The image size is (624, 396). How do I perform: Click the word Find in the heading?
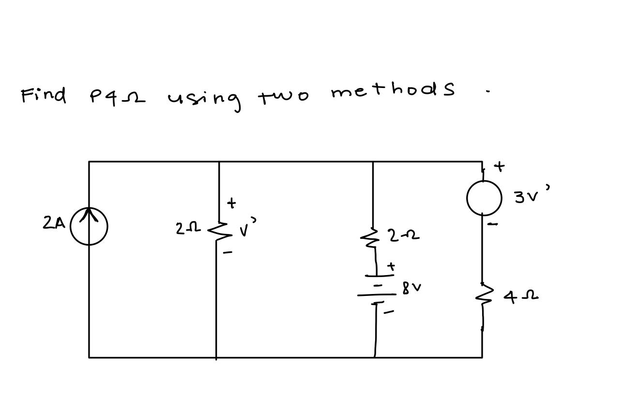pyautogui.click(x=44, y=95)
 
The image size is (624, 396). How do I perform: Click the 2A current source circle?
pyautogui.click(x=89, y=226)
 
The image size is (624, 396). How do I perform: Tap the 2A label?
pyautogui.click(x=53, y=223)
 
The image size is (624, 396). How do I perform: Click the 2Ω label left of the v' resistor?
pyautogui.click(x=187, y=228)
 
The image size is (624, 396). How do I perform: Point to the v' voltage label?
pyautogui.click(x=247, y=228)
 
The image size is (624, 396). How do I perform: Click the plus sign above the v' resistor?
pyautogui.click(x=231, y=203)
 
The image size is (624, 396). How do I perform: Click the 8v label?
pyautogui.click(x=411, y=288)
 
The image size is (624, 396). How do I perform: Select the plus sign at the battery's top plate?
pyautogui.click(x=391, y=266)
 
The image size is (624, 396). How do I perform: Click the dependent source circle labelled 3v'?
pyautogui.click(x=484, y=198)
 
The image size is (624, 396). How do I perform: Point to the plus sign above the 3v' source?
pyautogui.click(x=499, y=167)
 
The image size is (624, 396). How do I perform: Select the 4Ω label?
pyautogui.click(x=520, y=296)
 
